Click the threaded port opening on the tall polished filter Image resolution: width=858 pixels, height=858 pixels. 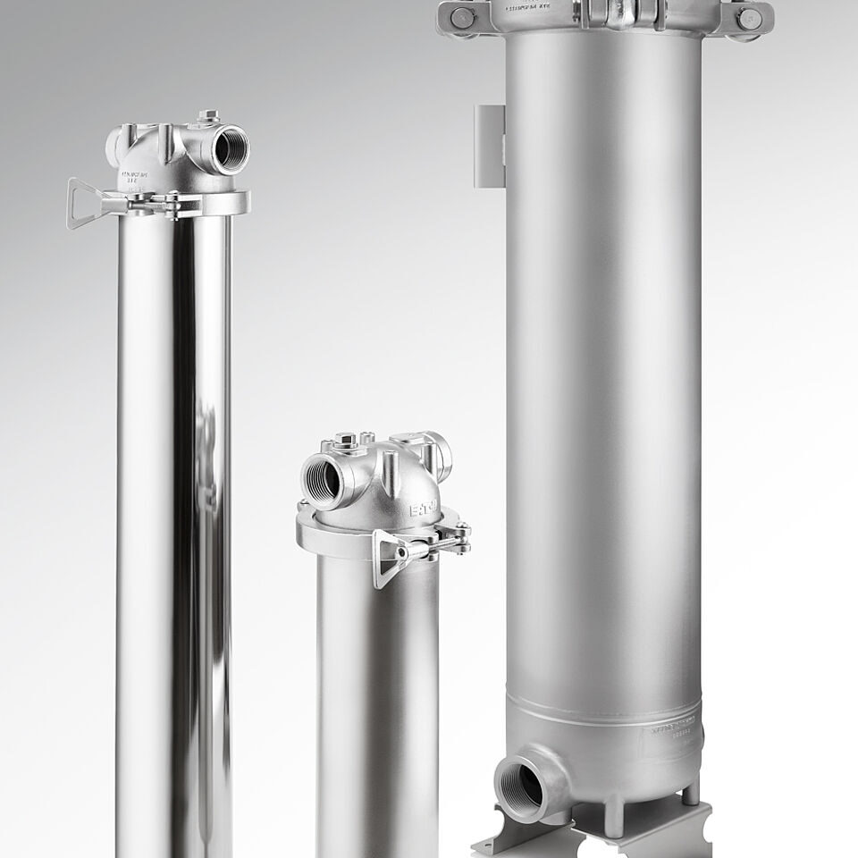tap(230, 148)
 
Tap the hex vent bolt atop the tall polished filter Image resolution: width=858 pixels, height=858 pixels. tap(208, 116)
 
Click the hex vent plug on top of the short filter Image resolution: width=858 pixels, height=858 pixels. tap(347, 441)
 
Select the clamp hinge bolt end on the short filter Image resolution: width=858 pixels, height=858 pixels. tap(462, 534)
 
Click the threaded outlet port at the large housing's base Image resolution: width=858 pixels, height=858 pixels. tap(522, 784)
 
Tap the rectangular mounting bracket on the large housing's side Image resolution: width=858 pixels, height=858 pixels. tap(490, 147)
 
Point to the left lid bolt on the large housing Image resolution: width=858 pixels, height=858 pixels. tap(462, 17)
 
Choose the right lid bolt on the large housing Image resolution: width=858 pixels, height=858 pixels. tap(749, 19)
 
